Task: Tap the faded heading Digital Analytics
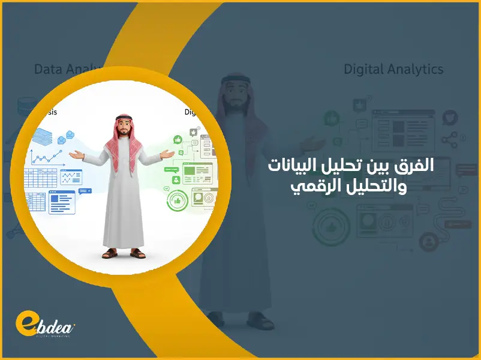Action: tap(393, 69)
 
